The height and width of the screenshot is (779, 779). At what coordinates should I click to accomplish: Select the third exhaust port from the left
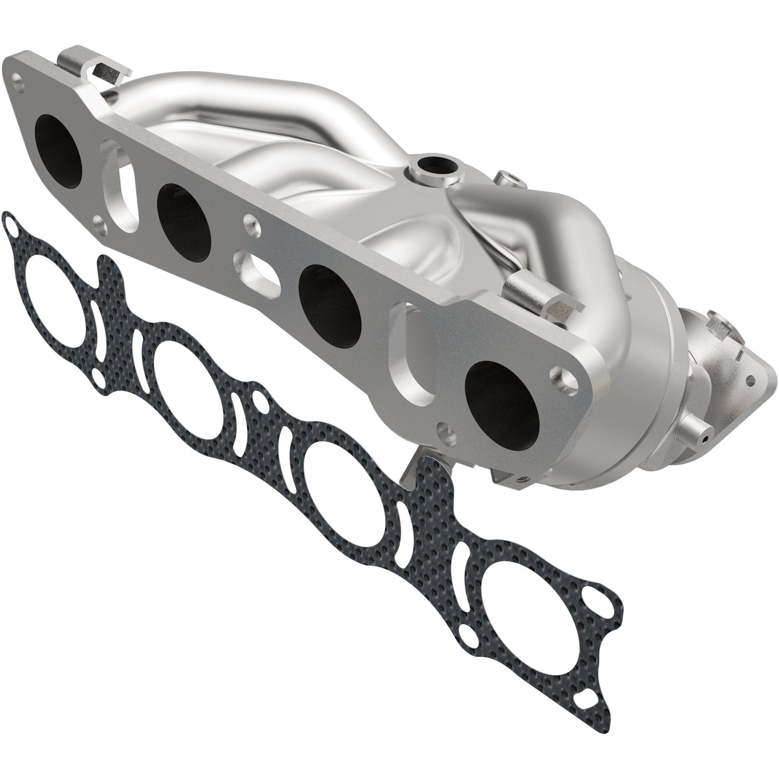328,293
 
